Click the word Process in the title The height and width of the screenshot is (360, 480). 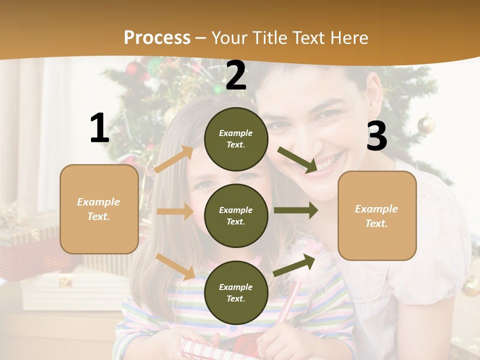coord(157,37)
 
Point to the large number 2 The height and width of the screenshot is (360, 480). coord(236,75)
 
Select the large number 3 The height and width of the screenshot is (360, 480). coord(376,136)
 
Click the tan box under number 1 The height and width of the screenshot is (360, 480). coord(99,209)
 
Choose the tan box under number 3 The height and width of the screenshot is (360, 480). coord(377,215)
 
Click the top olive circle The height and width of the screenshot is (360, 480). coord(236,139)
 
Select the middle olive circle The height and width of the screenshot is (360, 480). coord(236,215)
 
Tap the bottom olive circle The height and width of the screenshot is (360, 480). coord(236,292)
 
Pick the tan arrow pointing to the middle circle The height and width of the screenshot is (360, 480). coord(175,211)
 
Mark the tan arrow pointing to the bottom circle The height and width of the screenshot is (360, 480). coord(175,266)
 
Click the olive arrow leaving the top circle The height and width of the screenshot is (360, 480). coord(297,159)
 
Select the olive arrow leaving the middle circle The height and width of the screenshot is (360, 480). coord(295,210)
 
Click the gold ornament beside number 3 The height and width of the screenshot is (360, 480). coord(426,123)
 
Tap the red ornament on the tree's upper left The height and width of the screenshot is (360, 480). coord(132,68)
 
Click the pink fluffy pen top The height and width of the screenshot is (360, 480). coord(312,248)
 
